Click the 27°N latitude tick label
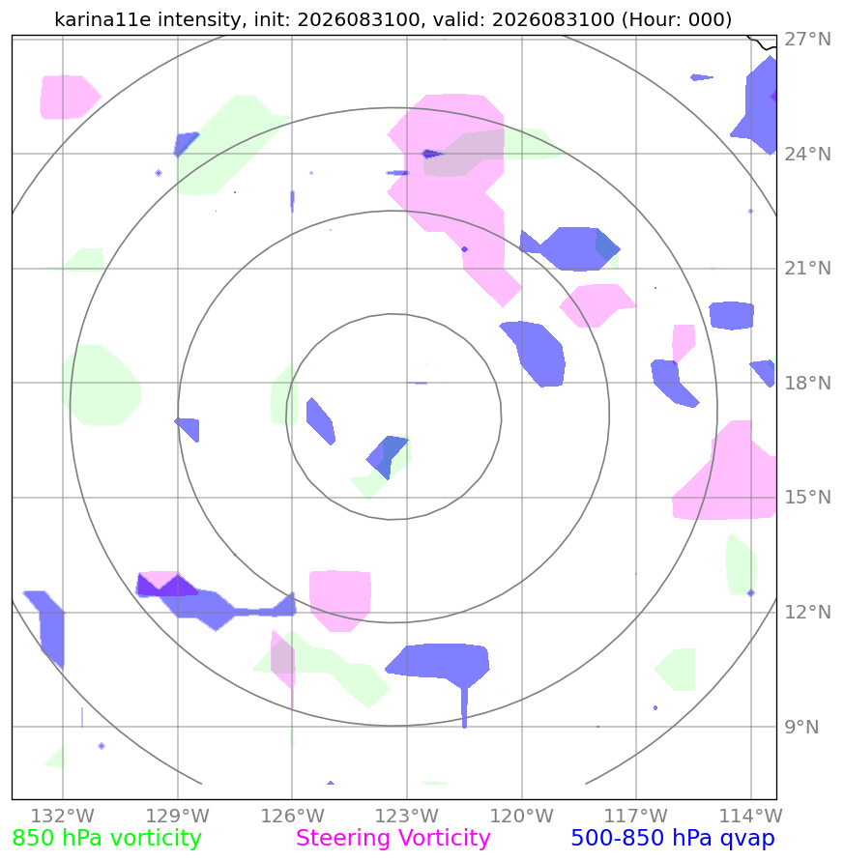pyautogui.click(x=807, y=40)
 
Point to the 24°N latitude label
pyautogui.click(x=807, y=155)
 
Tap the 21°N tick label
pyautogui.click(x=807, y=269)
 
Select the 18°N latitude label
pyautogui.click(x=807, y=383)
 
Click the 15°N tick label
pyautogui.click(x=807, y=498)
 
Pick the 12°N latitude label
pyautogui.click(x=807, y=613)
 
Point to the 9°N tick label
pyautogui.click(x=801, y=727)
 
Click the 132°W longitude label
pyautogui.click(x=63, y=816)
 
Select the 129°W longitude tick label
pyautogui.click(x=178, y=816)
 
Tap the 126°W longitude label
pyautogui.click(x=292, y=816)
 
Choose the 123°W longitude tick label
pyautogui.click(x=407, y=816)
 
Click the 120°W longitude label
pyautogui.click(x=521, y=816)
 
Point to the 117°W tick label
pyautogui.click(x=636, y=816)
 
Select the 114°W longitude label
pyautogui.click(x=751, y=816)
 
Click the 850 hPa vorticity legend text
pyautogui.click(x=107, y=839)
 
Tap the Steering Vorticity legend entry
pyautogui.click(x=393, y=839)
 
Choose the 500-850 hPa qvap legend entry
pyautogui.click(x=673, y=839)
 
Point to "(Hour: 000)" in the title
pyautogui.click(x=677, y=20)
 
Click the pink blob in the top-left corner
pyautogui.click(x=70, y=98)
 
